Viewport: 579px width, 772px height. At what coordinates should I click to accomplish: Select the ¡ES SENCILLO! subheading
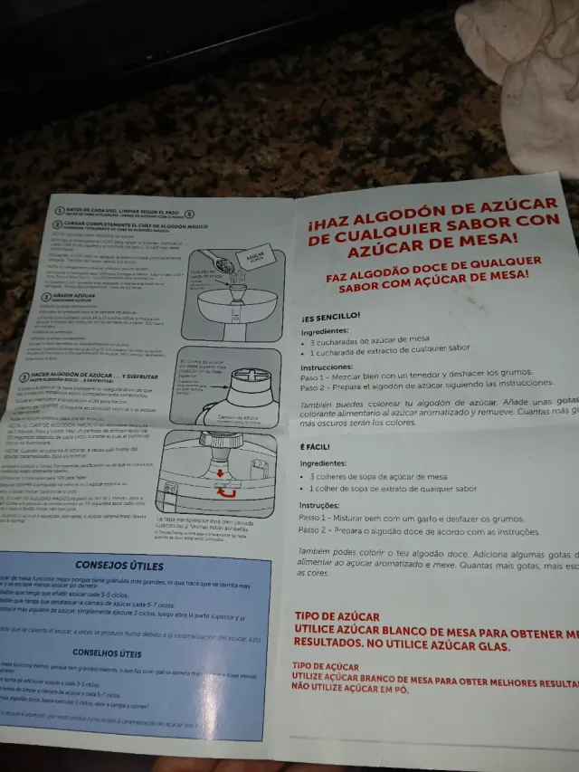pos(331,317)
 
